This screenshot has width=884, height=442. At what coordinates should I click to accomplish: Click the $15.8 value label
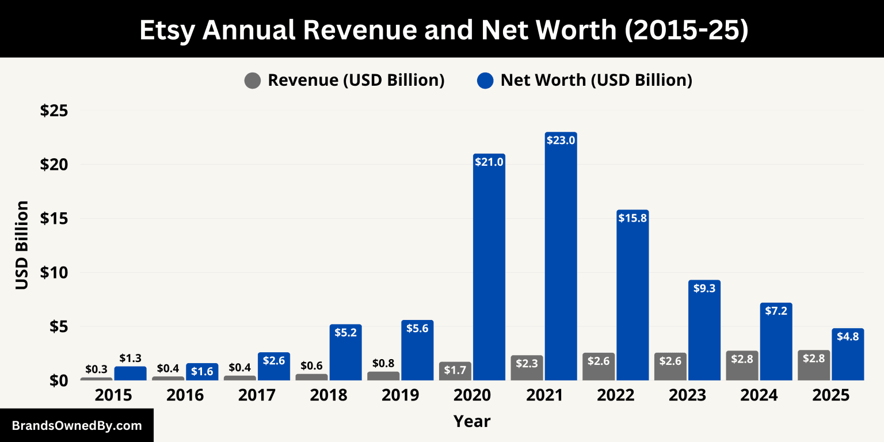pyautogui.click(x=632, y=218)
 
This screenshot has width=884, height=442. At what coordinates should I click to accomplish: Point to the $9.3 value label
pyautogui.click(x=704, y=288)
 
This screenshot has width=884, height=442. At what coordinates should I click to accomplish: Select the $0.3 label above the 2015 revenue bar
pyautogui.click(x=96, y=369)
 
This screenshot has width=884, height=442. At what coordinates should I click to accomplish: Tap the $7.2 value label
pyautogui.click(x=776, y=311)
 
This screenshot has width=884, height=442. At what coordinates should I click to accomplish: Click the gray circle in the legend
pyautogui.click(x=253, y=81)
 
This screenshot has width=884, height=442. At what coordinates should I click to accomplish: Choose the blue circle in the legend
pyautogui.click(x=485, y=81)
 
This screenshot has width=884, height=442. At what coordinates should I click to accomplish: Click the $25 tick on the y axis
pyautogui.click(x=54, y=110)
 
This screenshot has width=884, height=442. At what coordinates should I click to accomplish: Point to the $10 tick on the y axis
pyautogui.click(x=54, y=272)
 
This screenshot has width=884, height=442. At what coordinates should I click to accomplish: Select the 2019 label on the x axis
pyautogui.click(x=400, y=395)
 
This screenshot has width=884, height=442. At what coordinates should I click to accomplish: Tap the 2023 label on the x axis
pyautogui.click(x=688, y=395)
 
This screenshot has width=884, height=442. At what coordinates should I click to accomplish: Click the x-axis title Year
pyautogui.click(x=472, y=421)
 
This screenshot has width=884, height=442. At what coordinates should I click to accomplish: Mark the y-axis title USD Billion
pyautogui.click(x=22, y=245)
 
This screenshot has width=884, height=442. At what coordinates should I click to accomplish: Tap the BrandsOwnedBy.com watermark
pyautogui.click(x=77, y=426)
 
